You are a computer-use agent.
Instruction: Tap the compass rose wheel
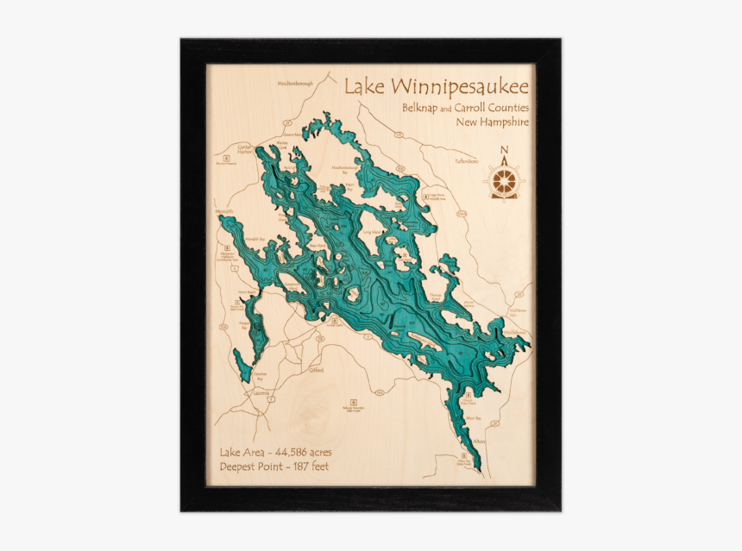pyautogui.click(x=505, y=181)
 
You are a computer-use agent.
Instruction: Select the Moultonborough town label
pyautogui.click(x=297, y=84)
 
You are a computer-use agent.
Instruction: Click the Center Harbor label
pyautogui.click(x=244, y=149)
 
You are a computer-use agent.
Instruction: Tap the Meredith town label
pyautogui.click(x=224, y=210)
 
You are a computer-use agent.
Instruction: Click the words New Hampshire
pyautogui.click(x=493, y=122)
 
